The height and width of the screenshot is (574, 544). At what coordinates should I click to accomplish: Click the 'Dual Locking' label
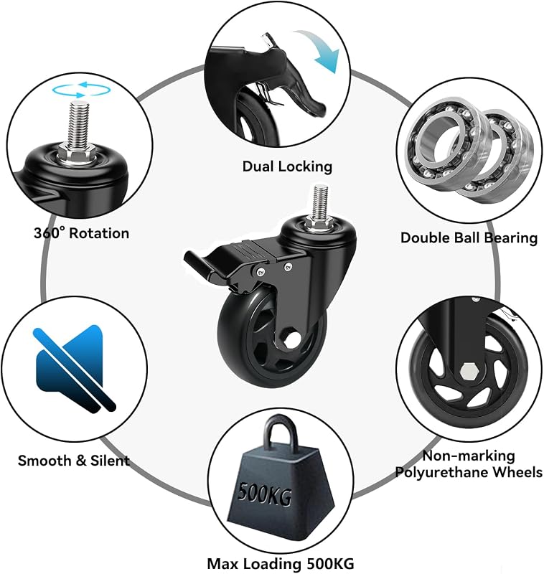(287, 166)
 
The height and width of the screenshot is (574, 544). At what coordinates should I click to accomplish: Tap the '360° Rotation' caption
(81, 232)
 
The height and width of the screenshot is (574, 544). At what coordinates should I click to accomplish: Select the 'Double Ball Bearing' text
(469, 237)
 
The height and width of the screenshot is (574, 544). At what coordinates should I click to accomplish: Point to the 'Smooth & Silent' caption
(74, 460)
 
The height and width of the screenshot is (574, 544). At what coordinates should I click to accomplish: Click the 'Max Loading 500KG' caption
(281, 563)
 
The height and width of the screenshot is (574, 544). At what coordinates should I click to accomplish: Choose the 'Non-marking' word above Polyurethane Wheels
(469, 456)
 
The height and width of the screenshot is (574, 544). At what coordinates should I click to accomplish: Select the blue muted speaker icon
(74, 368)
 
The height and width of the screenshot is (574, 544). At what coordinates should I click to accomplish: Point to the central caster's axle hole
(292, 339)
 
